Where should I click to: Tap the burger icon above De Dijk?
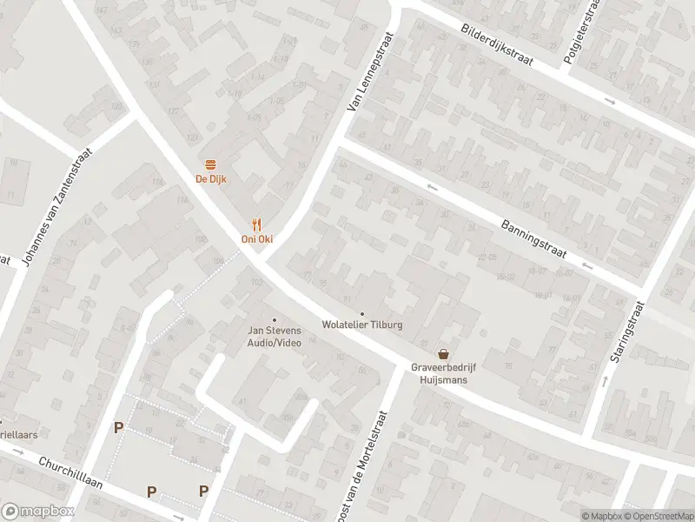pos(209,165)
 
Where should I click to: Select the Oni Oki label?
pos(256,239)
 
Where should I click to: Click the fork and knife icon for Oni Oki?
pos(256,224)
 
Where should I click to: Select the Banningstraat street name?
pos(533,237)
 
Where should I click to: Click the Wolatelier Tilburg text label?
pos(362,326)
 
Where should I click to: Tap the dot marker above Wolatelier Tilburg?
pos(362,314)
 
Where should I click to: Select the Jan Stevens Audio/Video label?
pos(275,337)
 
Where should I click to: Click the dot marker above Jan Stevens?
pos(275,319)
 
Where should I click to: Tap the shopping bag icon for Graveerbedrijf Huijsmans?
pos(444,354)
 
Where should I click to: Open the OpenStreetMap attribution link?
pos(658,516)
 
